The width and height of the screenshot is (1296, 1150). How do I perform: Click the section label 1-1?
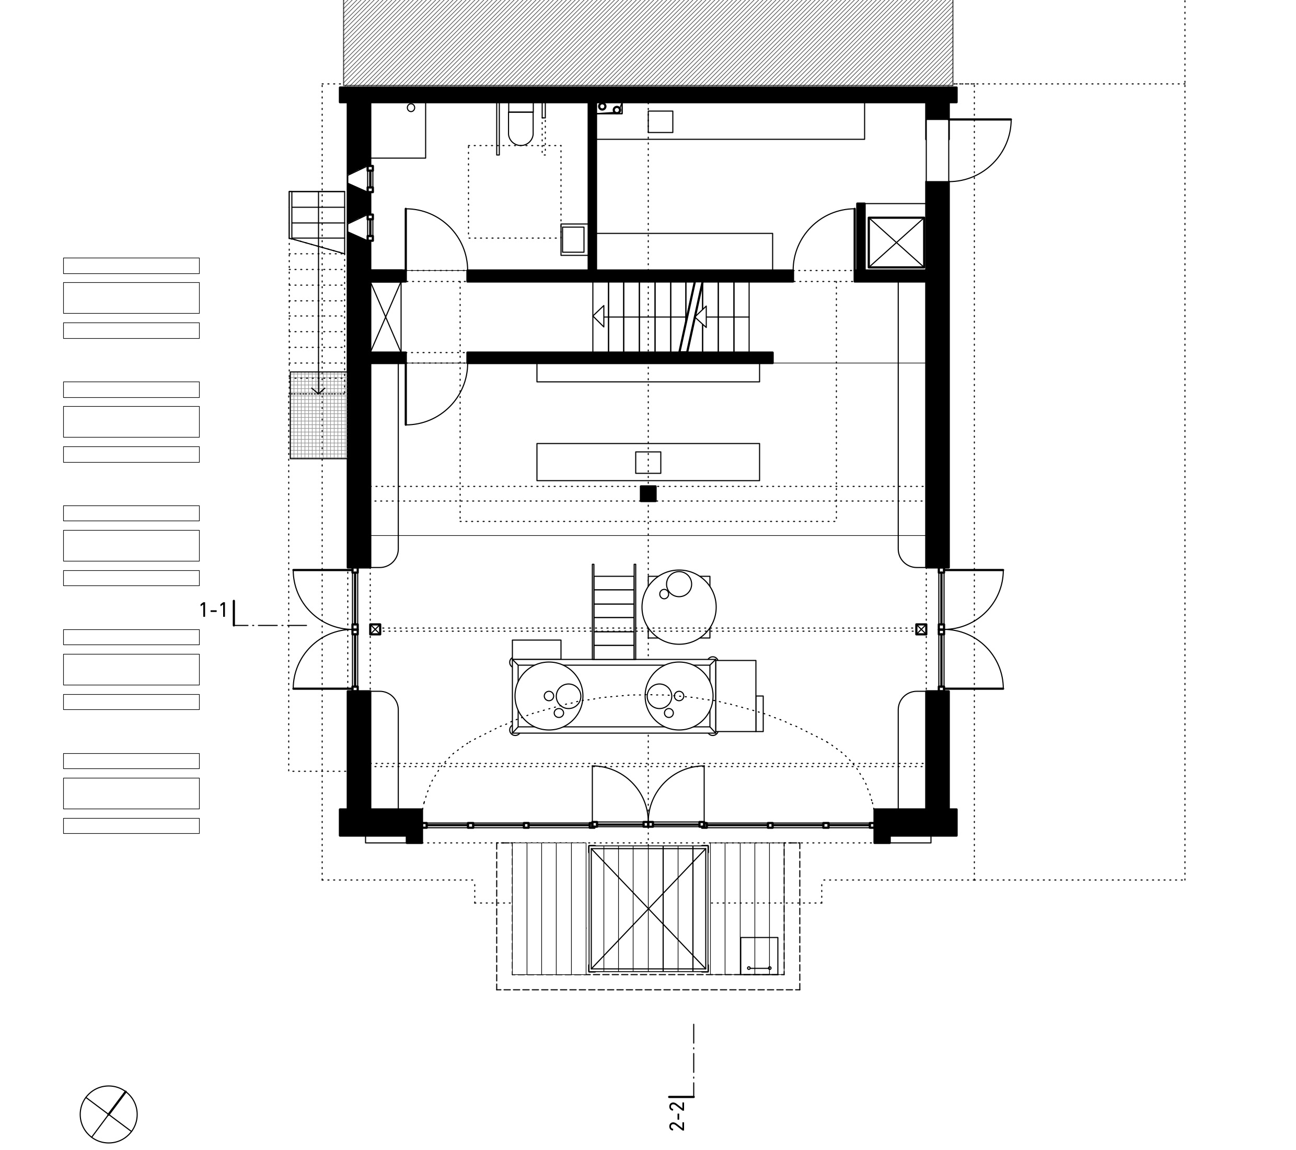point(213,610)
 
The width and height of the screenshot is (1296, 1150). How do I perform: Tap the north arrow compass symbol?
point(108,1114)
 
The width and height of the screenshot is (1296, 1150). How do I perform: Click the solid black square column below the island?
point(648,493)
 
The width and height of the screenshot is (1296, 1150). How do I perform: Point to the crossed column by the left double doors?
point(375,629)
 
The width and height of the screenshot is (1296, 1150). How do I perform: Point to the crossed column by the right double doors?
point(921,629)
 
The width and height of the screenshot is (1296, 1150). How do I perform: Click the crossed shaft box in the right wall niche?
point(896,243)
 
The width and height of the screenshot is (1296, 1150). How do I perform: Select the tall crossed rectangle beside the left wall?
point(386,317)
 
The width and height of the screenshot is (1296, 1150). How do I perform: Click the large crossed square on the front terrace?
point(648,908)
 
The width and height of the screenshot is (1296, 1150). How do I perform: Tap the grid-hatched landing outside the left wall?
point(318,415)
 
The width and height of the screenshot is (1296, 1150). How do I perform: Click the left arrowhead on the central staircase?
point(598,315)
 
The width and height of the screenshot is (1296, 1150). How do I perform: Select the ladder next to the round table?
point(614,612)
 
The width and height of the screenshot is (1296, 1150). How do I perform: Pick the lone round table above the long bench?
point(679,607)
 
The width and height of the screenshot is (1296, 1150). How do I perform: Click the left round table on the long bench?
point(549,696)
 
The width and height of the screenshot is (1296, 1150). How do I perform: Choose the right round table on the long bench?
point(679,696)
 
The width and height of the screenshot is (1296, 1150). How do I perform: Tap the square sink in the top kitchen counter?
point(660,122)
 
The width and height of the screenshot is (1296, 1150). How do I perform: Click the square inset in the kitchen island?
point(648,463)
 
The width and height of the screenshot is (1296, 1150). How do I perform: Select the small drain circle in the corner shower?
point(411,108)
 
